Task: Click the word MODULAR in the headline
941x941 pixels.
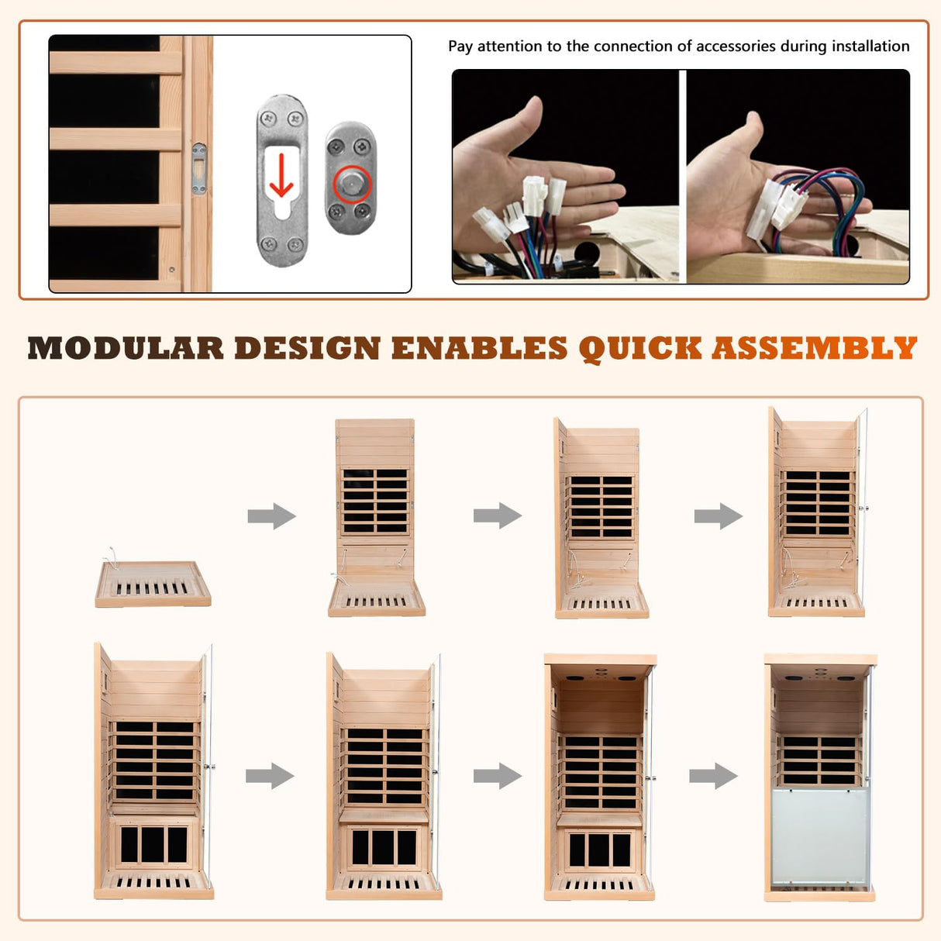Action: pyautogui.click(x=126, y=349)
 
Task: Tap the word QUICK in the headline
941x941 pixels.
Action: pyautogui.click(x=640, y=349)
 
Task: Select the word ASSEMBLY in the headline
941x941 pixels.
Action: pyautogui.click(x=815, y=349)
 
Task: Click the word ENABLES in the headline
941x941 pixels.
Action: pyautogui.click(x=479, y=349)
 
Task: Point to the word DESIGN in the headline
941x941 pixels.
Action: pyautogui.click(x=307, y=349)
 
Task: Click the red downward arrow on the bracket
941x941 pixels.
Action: pyautogui.click(x=281, y=175)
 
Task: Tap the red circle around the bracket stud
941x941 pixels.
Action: pyautogui.click(x=353, y=184)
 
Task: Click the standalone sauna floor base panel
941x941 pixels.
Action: pyautogui.click(x=153, y=586)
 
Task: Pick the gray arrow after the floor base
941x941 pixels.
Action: pyautogui.click(x=271, y=516)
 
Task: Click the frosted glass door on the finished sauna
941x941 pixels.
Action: pyautogui.click(x=820, y=837)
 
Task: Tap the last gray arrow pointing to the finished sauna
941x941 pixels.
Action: pyautogui.click(x=713, y=775)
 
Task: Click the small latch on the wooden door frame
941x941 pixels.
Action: pyautogui.click(x=199, y=168)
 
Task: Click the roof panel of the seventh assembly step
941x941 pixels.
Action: pyautogui.click(x=600, y=660)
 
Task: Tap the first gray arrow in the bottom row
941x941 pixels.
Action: pyautogui.click(x=270, y=775)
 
